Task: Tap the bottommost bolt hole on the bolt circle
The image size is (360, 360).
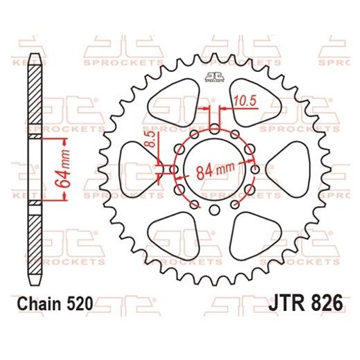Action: point(214,210)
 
